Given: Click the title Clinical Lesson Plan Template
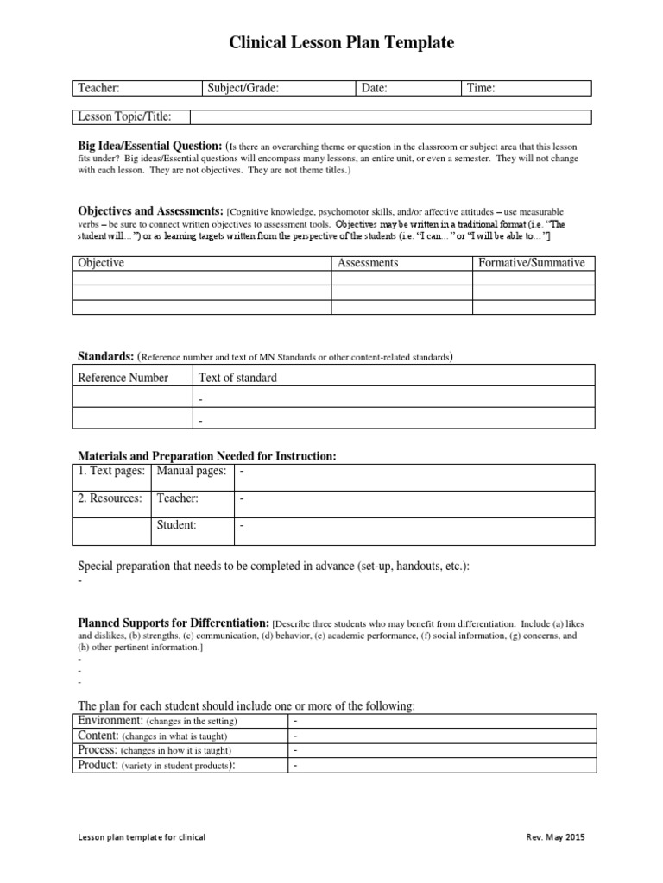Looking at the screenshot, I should pyautogui.click(x=340, y=43).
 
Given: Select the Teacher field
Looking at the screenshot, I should pyautogui.click(x=136, y=88).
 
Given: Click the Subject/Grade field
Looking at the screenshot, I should pyautogui.click(x=278, y=88).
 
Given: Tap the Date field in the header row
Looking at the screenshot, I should pyautogui.click(x=408, y=88).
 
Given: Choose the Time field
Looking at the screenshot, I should pyautogui.click(x=527, y=88).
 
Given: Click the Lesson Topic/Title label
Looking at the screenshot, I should pyautogui.click(x=125, y=116).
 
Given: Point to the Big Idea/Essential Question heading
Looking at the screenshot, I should pyautogui.click(x=151, y=146).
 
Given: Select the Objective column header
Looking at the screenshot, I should pyautogui.click(x=101, y=263).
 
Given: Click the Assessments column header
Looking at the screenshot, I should pyautogui.click(x=368, y=263).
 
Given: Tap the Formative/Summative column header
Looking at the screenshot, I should pyautogui.click(x=532, y=263).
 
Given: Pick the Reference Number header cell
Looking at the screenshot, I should pyautogui.click(x=123, y=378).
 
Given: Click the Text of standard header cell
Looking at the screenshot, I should pyautogui.click(x=238, y=378).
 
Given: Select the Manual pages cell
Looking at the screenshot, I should pyautogui.click(x=192, y=472).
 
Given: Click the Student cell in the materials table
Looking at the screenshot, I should pyautogui.click(x=176, y=524).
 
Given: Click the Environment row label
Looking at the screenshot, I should pyautogui.click(x=110, y=720).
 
